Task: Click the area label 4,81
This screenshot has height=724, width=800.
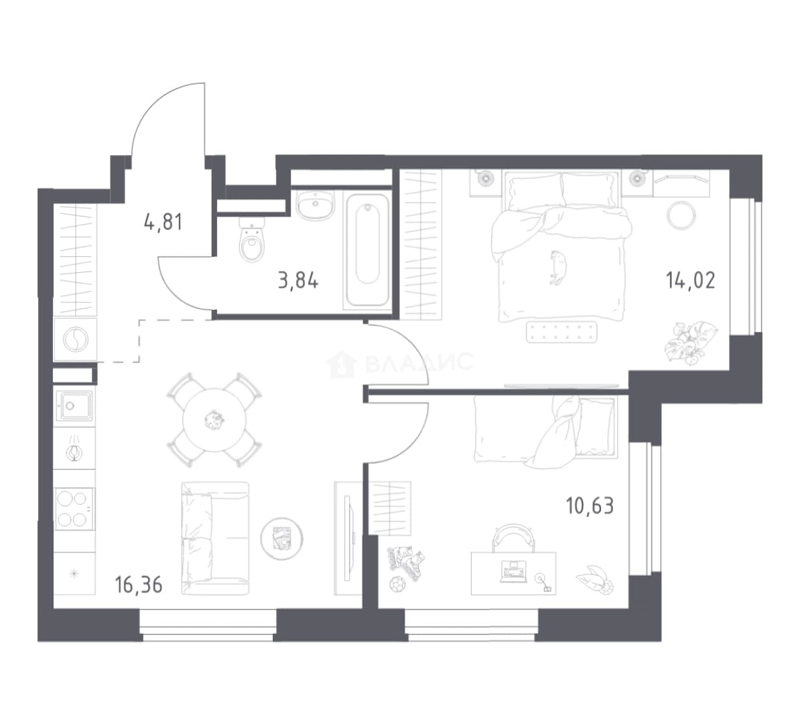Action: tap(163, 222)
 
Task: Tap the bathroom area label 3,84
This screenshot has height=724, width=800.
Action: tap(298, 280)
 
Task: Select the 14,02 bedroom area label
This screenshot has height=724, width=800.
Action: tap(690, 280)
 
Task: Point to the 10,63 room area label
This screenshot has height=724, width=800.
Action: tap(590, 506)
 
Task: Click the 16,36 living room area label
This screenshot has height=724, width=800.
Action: tap(139, 585)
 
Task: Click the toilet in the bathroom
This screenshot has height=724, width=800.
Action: tap(252, 240)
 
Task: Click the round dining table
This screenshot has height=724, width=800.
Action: tap(214, 420)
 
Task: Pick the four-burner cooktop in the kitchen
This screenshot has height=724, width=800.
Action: tap(74, 509)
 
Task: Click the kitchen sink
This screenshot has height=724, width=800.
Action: tap(74, 406)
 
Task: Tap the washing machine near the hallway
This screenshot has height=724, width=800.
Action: tap(75, 339)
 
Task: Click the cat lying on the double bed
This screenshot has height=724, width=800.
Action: tap(557, 267)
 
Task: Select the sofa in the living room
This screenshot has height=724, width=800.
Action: tap(215, 539)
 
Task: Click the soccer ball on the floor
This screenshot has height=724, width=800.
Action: tap(397, 584)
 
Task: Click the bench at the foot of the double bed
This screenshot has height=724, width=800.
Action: tap(561, 331)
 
